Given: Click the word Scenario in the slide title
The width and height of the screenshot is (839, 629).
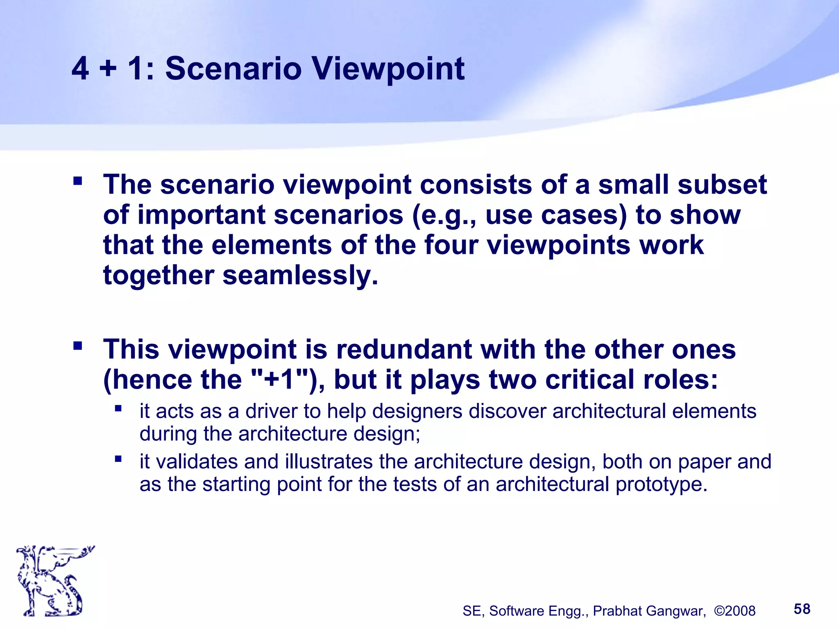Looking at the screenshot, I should (233, 68).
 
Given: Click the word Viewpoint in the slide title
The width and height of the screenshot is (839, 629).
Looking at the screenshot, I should (388, 68).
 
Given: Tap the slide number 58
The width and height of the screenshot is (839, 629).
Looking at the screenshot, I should (802, 609).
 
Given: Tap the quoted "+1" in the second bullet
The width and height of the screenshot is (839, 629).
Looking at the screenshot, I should (279, 380).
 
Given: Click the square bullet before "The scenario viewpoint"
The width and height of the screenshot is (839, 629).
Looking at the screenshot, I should (77, 181).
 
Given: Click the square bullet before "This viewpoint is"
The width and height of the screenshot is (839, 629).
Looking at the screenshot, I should (77, 346).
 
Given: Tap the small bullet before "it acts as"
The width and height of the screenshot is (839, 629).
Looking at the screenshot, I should (118, 408).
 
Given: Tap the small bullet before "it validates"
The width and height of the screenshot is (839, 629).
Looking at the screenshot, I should (118, 459).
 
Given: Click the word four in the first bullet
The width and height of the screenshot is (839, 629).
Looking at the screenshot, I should (451, 245).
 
